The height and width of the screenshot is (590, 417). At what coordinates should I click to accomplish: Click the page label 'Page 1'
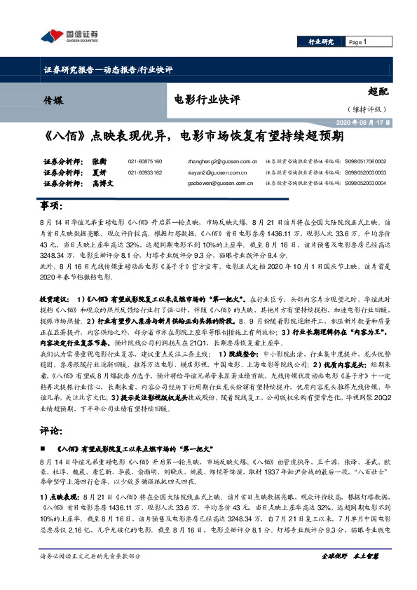tap(357, 42)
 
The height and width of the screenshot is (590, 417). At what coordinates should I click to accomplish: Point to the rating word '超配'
tap(377, 91)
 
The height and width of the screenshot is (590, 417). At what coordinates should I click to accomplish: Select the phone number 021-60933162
tap(145, 172)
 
